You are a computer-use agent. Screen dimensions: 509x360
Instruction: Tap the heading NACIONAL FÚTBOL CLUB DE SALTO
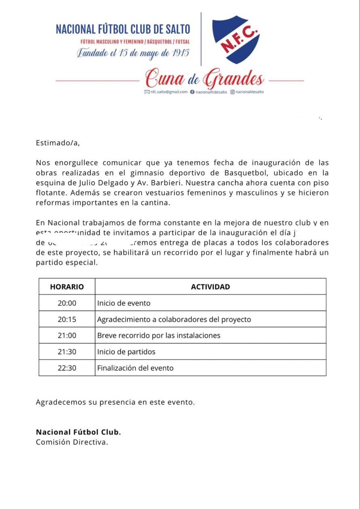coord(123,29)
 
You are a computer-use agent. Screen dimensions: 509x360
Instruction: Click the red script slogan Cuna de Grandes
coord(205,78)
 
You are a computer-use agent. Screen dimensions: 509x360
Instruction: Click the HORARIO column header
coord(67,287)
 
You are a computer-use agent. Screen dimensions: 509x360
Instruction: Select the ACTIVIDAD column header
coord(210,287)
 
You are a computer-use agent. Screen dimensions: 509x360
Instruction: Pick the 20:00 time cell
coord(67,303)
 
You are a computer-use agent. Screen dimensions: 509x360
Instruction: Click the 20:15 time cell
coord(67,319)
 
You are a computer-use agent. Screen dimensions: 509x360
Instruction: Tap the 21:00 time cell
coord(67,335)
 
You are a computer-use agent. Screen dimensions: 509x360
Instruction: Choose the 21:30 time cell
coord(67,352)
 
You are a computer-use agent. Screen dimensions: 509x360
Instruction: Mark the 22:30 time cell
coord(67,368)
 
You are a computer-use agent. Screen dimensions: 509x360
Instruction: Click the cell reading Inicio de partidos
coord(126,352)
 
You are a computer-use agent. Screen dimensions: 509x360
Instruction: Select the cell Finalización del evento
coord(135,368)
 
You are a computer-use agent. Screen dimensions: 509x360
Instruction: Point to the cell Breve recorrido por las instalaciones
coord(159,335)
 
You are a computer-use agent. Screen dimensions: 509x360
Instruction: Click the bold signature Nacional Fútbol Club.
coord(78,432)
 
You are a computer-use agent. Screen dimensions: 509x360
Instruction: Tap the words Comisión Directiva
coord(72,442)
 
